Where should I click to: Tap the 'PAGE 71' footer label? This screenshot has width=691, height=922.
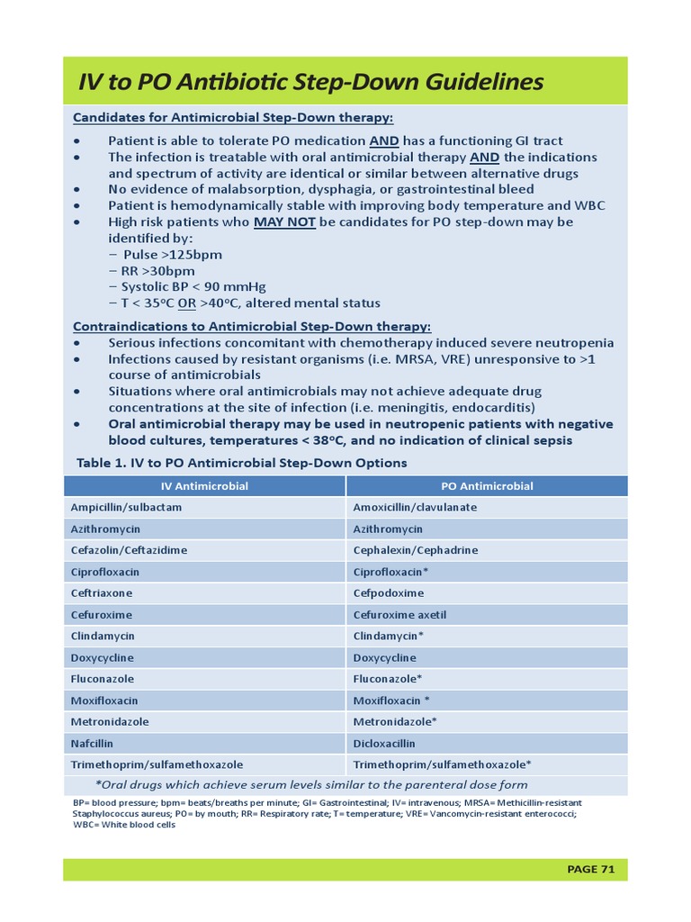coord(590,869)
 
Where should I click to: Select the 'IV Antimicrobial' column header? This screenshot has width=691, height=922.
coord(204,486)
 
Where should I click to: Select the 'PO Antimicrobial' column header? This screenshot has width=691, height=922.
coord(487,486)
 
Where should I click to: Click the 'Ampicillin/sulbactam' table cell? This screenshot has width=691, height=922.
coord(126,508)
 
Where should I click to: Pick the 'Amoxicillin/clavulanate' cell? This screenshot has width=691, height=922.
coord(415,508)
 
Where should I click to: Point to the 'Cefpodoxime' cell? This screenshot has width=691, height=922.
coord(389,593)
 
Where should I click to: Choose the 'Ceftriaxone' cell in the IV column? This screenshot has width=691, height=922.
coord(103,593)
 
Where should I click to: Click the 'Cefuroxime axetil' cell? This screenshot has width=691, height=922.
coord(399,615)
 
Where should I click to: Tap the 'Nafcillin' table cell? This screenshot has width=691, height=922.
coord(93,744)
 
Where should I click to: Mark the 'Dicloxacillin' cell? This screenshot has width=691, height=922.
coord(384,744)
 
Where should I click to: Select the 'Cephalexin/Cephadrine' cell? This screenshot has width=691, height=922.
coord(415,550)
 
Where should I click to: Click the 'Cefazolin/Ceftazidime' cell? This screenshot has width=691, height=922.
coord(130,550)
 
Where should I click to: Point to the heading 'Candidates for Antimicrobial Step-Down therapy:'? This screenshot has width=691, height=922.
coord(232,118)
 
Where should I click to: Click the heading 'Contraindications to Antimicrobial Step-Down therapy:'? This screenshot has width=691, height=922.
coord(251,326)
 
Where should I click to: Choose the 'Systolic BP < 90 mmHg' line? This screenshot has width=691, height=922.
coord(187,287)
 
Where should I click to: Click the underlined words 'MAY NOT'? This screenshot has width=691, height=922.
coord(284,221)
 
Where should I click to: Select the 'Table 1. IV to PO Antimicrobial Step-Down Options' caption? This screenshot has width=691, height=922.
coord(241,463)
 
